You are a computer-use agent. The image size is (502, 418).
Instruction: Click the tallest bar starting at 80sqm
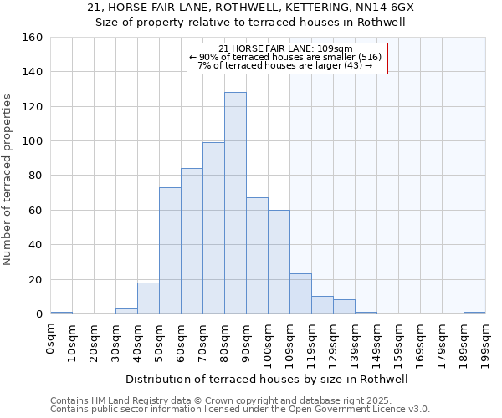[235, 203]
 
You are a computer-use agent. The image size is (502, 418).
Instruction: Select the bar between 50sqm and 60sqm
[170, 251]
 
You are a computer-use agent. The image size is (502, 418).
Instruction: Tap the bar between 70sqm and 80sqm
[213, 228]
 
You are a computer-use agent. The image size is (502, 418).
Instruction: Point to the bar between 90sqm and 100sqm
[257, 256]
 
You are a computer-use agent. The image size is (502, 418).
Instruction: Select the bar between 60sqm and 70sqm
[192, 241]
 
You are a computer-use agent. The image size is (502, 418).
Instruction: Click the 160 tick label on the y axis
[33, 38]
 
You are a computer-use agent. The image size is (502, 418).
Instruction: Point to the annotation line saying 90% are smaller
[287, 57]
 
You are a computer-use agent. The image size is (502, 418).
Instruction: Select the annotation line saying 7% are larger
[287, 65]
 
